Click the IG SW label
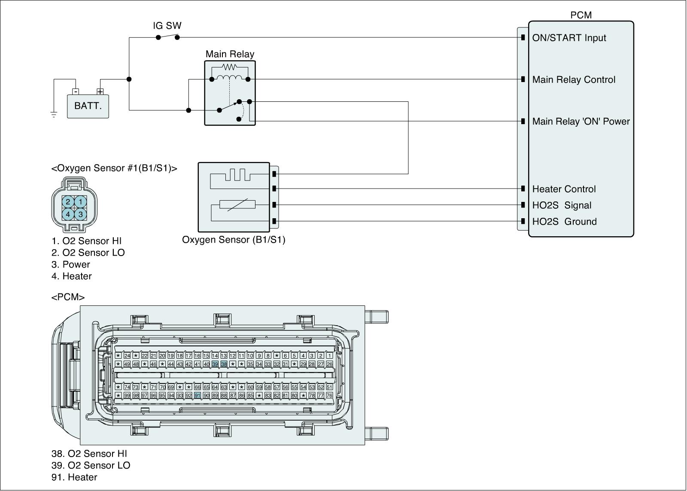pos(167,26)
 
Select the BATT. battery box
pos(88,106)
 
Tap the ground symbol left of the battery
pos(54,114)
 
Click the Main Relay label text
pos(230,54)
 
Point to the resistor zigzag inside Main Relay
pos(230,67)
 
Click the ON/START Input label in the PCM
pos(569,38)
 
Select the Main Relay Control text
pos(574,79)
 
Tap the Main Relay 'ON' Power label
pos(581,122)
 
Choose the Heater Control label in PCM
pos(564,189)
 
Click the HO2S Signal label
pos(562,205)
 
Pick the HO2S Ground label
pos(564,222)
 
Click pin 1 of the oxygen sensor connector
pos(81,201)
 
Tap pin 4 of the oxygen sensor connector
pos(68,213)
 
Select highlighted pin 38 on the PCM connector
pos(224,364)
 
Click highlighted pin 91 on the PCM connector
pos(198,396)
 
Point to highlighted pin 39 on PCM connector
pos(215,364)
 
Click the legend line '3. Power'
pos(71,265)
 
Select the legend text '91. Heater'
pos(74,477)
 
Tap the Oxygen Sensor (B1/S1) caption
pos(234,240)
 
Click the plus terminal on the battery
pos(100,91)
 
